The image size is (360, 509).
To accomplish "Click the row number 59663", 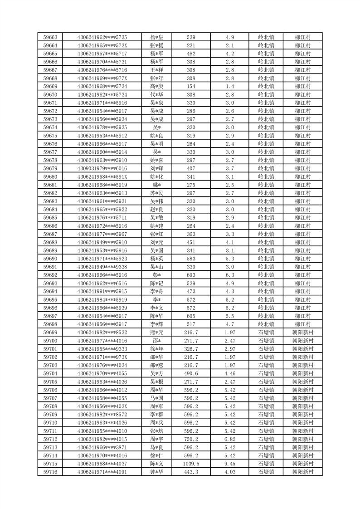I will tap(50, 37).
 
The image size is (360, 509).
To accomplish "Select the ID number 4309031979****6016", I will tap(102, 168).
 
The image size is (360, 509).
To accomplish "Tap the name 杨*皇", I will tap(157, 37).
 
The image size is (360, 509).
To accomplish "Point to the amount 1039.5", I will tap(191, 464).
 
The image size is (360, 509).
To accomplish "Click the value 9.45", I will tap(229, 464).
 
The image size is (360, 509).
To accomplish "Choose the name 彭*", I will tap(157, 275).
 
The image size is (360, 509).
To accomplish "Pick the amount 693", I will tap(191, 275).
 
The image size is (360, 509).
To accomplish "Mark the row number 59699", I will tap(50, 333).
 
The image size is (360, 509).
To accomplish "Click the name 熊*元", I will tap(157, 333).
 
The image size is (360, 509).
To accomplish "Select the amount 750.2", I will tap(191, 439).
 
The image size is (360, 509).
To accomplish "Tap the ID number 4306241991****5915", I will tap(102, 291).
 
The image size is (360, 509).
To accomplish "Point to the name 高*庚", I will tap(157, 86).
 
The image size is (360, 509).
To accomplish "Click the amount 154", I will tap(191, 86).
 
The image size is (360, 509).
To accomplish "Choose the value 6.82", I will tap(229, 439).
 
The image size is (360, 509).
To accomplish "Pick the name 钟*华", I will tap(157, 472).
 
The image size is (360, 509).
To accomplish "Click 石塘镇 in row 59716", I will tap(266, 472).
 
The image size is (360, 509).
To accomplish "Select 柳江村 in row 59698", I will tap(302, 324).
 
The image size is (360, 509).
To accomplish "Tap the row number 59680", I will tap(50, 176).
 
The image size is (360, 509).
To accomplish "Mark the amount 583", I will tap(191, 259).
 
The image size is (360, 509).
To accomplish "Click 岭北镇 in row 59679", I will tap(266, 168).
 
